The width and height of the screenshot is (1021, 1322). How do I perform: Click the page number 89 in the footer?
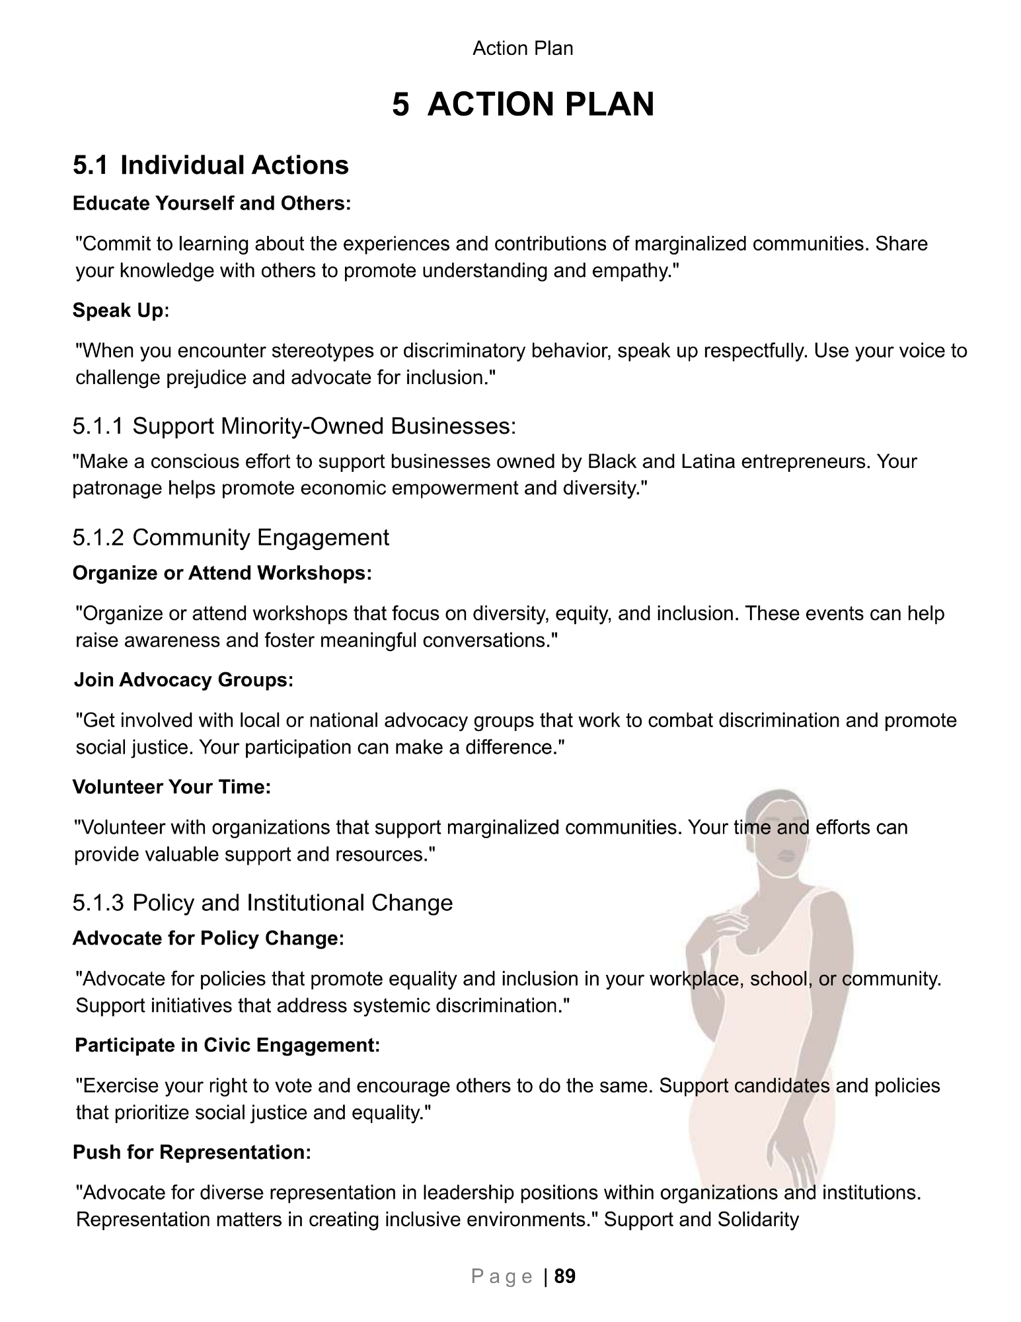(x=565, y=1276)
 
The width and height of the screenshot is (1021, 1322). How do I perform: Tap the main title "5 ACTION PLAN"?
(x=523, y=104)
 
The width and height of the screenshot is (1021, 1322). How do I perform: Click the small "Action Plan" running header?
(x=523, y=48)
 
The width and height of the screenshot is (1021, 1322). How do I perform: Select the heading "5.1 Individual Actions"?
(x=211, y=165)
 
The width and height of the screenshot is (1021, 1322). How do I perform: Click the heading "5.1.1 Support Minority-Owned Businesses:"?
(x=294, y=426)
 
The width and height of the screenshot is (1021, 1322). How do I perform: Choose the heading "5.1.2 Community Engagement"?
(x=231, y=537)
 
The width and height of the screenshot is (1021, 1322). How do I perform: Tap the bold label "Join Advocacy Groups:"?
(x=184, y=680)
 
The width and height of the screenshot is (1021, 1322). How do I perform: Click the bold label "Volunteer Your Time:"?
(x=172, y=787)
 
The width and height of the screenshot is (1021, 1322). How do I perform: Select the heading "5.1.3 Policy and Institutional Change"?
(x=262, y=903)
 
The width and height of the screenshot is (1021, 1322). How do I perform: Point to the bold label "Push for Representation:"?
(x=192, y=1152)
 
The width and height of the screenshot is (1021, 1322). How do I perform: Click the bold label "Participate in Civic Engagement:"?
(x=227, y=1045)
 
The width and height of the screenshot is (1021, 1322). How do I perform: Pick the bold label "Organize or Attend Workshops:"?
(x=222, y=572)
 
